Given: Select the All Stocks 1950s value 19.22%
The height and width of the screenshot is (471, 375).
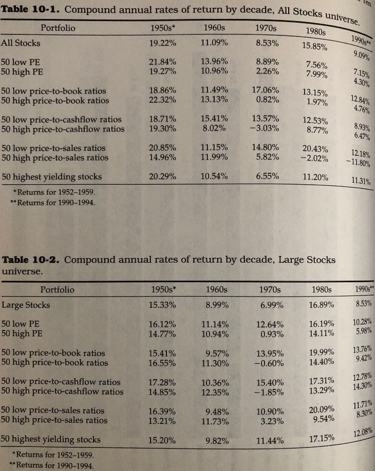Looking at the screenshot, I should (x=162, y=43).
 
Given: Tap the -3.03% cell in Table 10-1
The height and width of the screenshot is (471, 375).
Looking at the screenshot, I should (x=267, y=128).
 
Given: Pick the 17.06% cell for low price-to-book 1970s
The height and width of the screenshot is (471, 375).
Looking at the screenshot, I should (x=267, y=90).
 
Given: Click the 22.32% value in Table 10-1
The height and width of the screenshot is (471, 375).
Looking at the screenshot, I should (x=162, y=100).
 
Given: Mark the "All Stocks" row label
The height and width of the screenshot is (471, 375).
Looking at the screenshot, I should (x=21, y=43).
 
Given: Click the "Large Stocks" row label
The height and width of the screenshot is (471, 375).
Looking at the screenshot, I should (x=26, y=305).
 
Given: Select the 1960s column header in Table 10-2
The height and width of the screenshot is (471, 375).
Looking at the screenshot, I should (x=216, y=289).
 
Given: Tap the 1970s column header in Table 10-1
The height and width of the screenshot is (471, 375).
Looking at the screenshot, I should (x=267, y=27).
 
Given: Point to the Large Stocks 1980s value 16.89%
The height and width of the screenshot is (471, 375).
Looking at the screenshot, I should (x=322, y=305).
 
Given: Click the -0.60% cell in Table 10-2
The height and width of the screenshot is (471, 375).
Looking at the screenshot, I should (x=269, y=363).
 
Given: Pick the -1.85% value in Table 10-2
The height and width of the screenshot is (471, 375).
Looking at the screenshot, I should (x=269, y=391).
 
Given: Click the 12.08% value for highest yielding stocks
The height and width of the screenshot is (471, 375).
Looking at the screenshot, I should (x=363, y=435).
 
